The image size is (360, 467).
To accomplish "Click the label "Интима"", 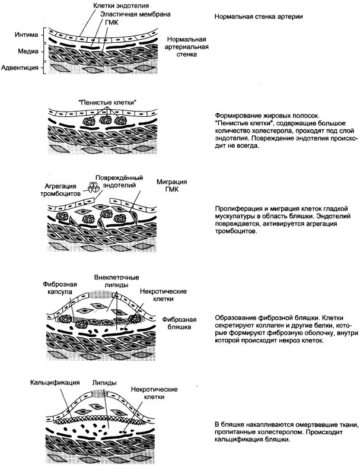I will click(27, 34).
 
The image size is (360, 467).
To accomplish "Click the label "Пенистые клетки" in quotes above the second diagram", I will click(107, 101).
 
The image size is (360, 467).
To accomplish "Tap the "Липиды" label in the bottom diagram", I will click(104, 383).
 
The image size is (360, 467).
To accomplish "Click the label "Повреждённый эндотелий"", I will click(120, 181).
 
